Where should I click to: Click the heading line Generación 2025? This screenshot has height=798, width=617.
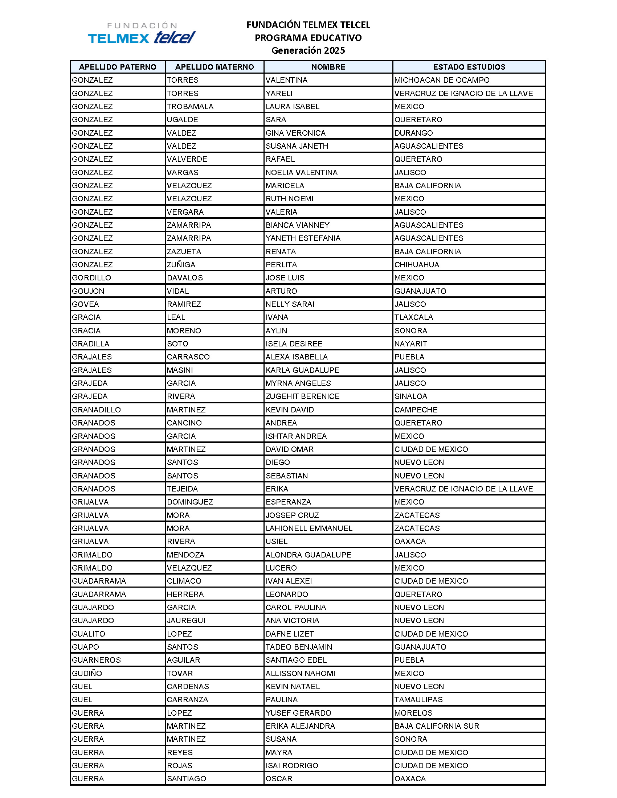tap(308, 50)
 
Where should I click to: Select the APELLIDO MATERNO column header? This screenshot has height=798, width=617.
tap(214, 67)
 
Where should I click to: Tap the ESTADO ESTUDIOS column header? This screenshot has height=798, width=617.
tap(469, 67)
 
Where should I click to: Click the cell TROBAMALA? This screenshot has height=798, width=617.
tap(190, 107)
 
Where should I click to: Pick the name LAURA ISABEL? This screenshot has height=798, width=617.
tap(293, 107)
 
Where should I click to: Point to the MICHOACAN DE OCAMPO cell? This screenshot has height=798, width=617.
tap(442, 80)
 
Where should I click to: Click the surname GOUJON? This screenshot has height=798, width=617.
tap(88, 291)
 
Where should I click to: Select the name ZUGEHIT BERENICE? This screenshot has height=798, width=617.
tap(302, 396)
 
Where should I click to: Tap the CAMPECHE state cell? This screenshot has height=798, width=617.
tap(416, 410)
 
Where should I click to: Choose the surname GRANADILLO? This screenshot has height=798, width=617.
tap(96, 410)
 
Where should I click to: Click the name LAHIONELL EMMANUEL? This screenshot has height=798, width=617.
tap(309, 528)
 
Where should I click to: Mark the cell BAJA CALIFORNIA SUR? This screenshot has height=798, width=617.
tap(436, 726)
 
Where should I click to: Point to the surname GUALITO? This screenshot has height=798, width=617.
tap(89, 634)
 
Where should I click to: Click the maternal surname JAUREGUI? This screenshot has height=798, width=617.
tap(186, 620)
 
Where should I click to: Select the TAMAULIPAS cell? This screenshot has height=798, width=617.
tap(418, 700)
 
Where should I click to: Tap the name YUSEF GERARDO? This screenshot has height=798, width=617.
tap(298, 713)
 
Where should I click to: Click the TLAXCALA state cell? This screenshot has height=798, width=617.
tap(413, 317)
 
